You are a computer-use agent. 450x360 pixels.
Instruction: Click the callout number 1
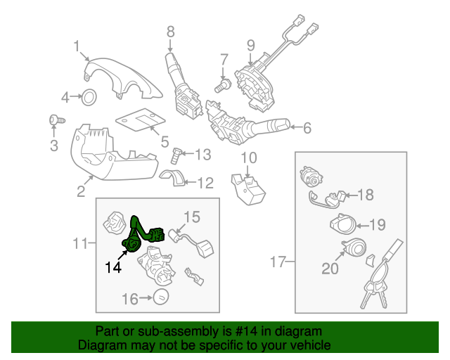pyautogui.click(x=77, y=46)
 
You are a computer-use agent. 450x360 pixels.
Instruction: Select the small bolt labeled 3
pyautogui.click(x=53, y=121)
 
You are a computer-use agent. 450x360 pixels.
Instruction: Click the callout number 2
pyautogui.click(x=81, y=191)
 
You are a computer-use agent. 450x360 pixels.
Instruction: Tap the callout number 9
pyautogui.click(x=250, y=46)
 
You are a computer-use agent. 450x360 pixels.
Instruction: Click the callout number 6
pyautogui.click(x=307, y=129)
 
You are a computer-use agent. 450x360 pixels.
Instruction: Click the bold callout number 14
pyautogui.click(x=113, y=267)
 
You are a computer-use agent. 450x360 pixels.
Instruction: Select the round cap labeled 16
pyautogui.click(x=161, y=298)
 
